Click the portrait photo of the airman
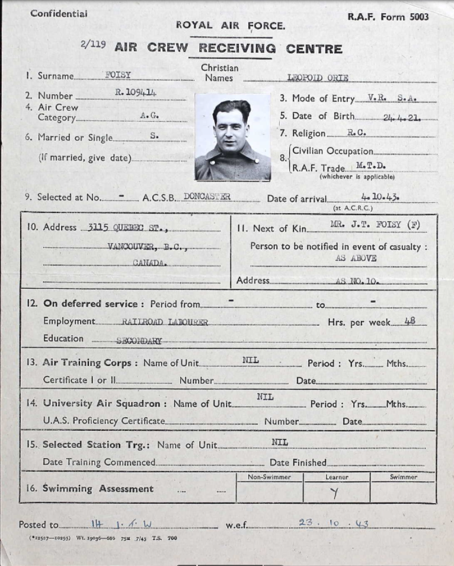[x=232, y=137]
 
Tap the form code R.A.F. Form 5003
[x=388, y=17]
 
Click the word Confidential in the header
[x=59, y=13]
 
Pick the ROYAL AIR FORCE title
[x=231, y=26]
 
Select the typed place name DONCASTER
[x=207, y=196]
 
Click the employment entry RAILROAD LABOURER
[x=164, y=322]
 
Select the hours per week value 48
[x=410, y=321]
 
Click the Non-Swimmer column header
[x=269, y=477]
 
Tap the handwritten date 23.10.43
[x=333, y=523]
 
